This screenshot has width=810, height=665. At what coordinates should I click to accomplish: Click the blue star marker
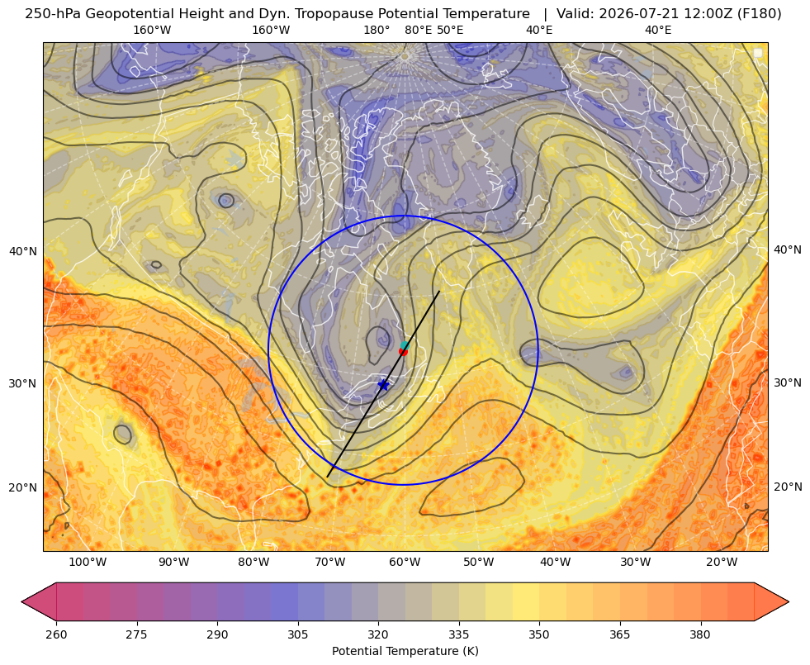click(383, 385)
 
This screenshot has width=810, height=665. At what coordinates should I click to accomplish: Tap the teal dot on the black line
click(405, 345)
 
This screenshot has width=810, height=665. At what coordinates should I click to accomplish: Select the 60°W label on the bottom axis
click(405, 563)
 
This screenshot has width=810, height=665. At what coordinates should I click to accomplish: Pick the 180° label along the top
click(377, 30)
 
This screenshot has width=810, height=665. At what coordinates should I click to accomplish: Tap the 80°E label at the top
click(418, 30)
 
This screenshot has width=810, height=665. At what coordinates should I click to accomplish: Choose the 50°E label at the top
click(450, 30)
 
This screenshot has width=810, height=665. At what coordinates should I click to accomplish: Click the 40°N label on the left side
click(23, 252)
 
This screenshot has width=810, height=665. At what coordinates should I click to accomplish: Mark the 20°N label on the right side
click(788, 487)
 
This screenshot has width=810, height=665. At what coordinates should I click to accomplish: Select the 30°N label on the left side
click(23, 384)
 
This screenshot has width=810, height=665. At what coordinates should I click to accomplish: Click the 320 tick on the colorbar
click(378, 634)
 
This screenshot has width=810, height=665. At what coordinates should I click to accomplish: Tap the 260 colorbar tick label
click(56, 634)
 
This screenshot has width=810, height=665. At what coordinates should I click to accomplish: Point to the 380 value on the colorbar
click(700, 634)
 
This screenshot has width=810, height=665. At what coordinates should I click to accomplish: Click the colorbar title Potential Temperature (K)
click(405, 651)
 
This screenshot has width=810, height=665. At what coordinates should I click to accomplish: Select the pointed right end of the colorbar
click(789, 601)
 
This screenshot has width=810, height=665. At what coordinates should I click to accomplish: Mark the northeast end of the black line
click(439, 292)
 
